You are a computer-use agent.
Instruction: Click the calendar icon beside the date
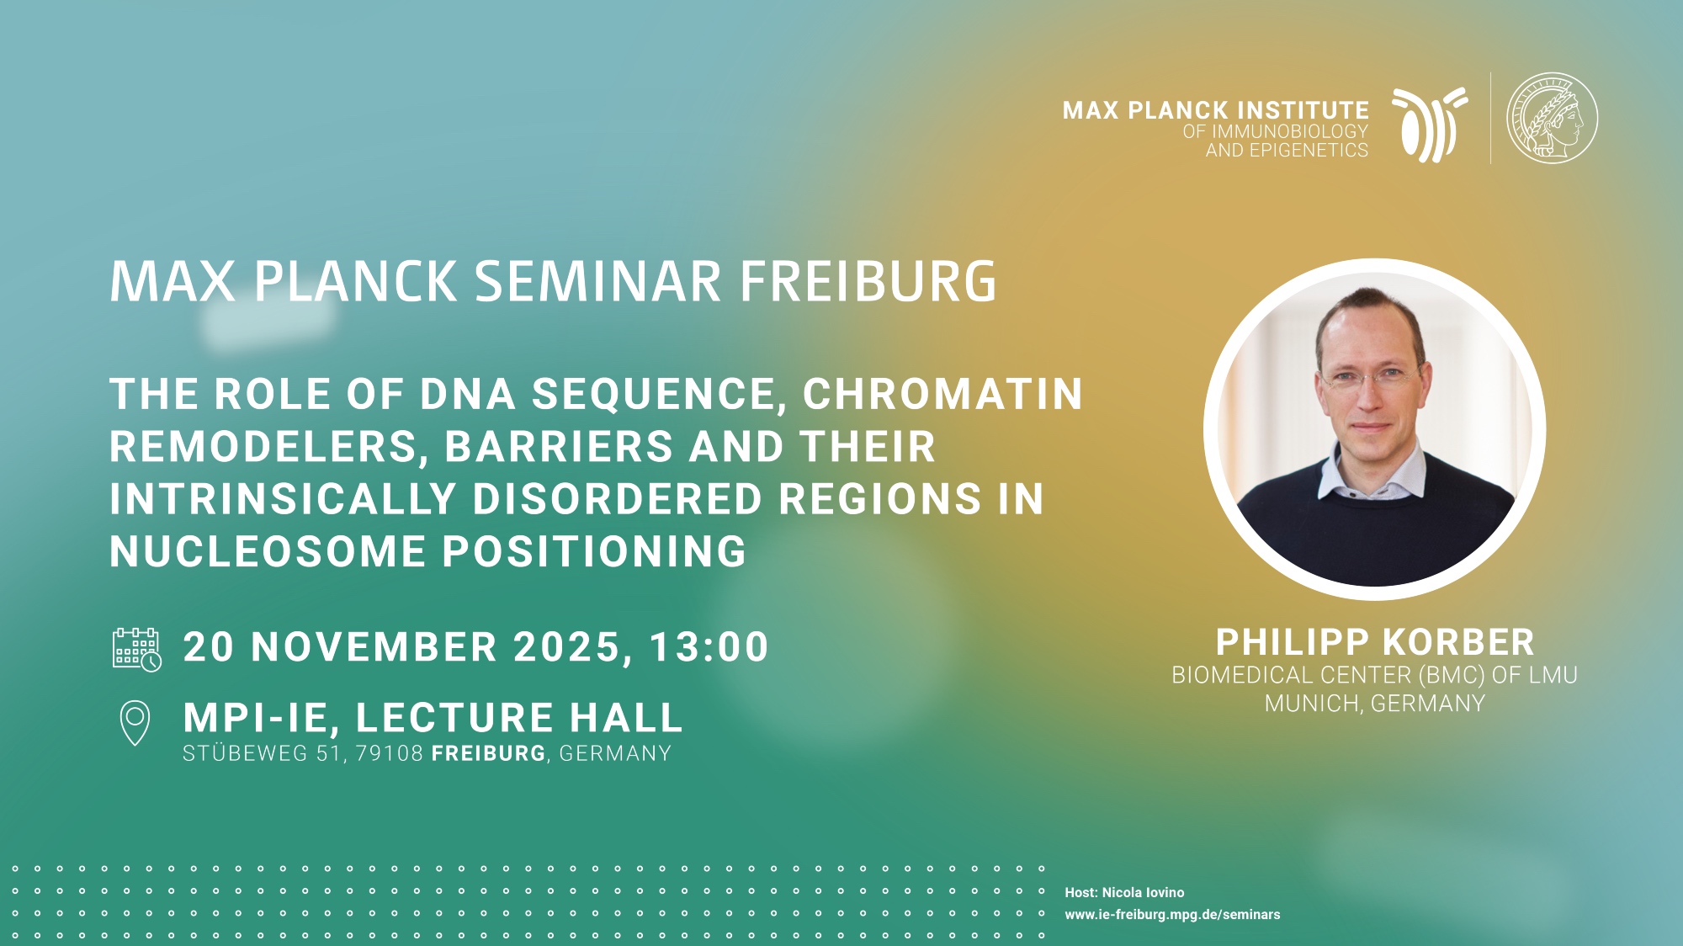point(137,649)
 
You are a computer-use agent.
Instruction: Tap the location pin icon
point(135,722)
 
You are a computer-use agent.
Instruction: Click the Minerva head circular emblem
point(1551,118)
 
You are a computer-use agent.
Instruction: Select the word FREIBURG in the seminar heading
point(868,281)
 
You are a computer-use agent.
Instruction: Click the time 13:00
point(709,647)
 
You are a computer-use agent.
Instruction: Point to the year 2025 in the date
point(566,647)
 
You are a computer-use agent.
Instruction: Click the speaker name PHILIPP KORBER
point(1375,642)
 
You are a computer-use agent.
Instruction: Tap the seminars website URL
point(1172,914)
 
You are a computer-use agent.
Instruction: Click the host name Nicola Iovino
point(1143,892)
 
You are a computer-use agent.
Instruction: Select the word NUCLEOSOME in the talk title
point(268,552)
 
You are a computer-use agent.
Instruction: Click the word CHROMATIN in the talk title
point(942,394)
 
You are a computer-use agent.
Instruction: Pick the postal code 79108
point(390,753)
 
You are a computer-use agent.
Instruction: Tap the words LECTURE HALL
point(518,718)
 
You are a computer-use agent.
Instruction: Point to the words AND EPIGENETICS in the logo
point(1287,151)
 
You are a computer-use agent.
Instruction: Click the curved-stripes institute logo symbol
point(1429,125)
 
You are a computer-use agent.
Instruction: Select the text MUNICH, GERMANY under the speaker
point(1375,704)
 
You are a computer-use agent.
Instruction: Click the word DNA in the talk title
point(468,394)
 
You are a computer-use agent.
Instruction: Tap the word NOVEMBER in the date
point(374,647)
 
